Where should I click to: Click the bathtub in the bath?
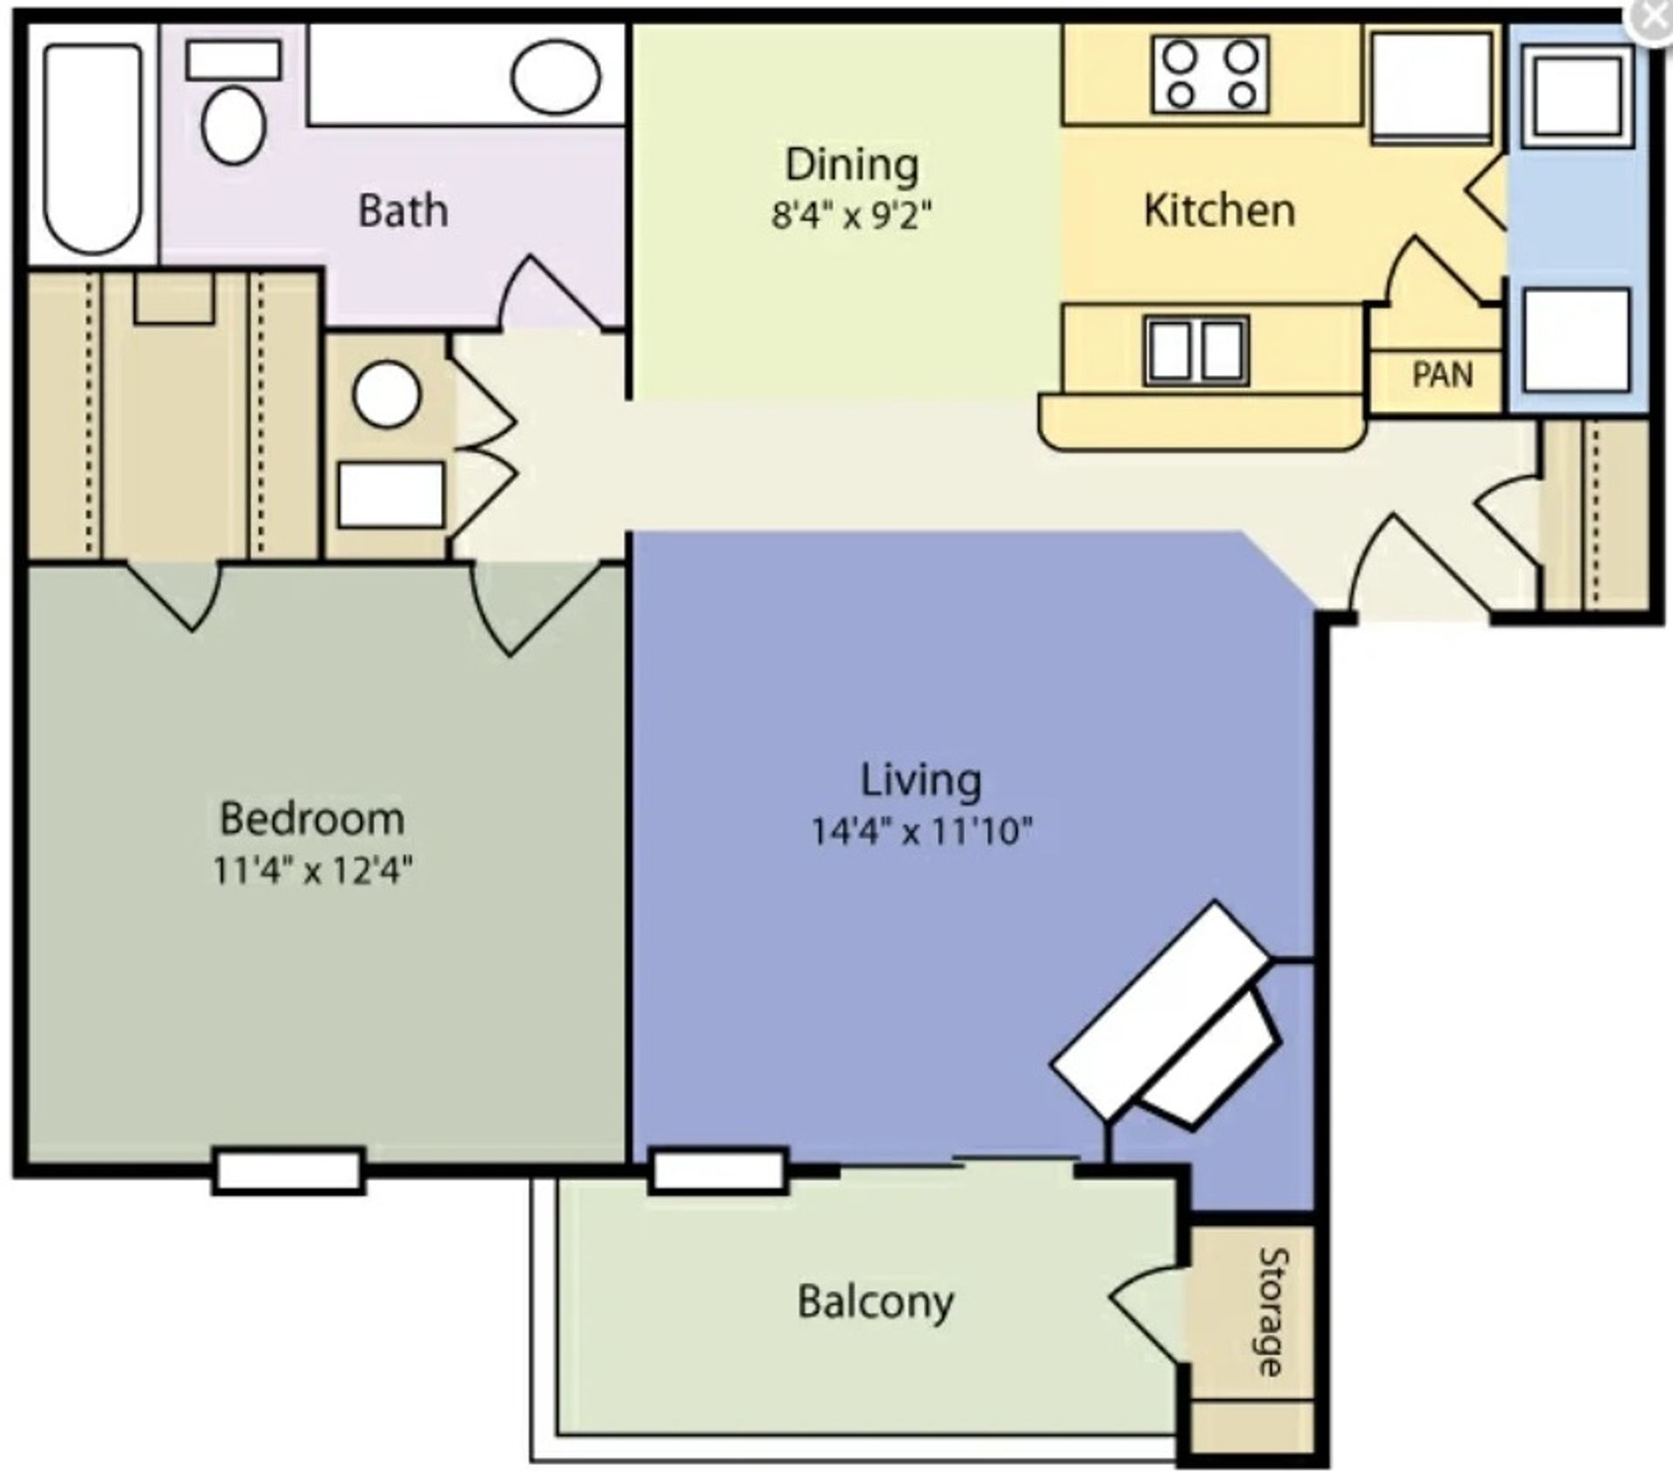point(93,149)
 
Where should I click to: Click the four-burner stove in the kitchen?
point(1210,75)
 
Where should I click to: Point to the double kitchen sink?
point(1196,351)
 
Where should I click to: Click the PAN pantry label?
point(1442,375)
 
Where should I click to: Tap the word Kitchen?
point(1219,210)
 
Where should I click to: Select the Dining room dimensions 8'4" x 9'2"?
point(852,214)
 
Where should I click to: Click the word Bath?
point(403,211)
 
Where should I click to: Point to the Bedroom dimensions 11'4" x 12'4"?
point(313,869)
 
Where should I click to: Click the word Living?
point(921,781)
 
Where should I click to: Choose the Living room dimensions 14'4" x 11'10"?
point(922,831)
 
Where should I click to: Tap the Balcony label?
point(876,1302)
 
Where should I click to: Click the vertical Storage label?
point(1273,1312)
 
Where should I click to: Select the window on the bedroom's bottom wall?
point(289,1170)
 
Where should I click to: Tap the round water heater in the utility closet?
point(387,394)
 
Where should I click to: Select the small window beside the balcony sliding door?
point(719,1170)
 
